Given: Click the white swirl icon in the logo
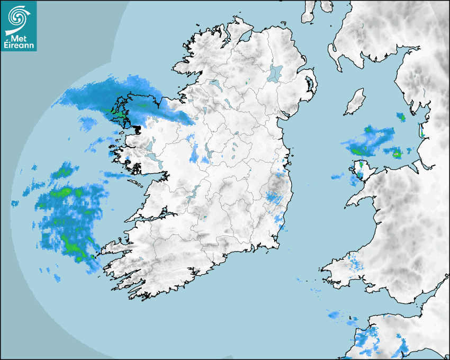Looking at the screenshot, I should click(17, 17).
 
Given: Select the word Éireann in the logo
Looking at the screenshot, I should click(19, 47).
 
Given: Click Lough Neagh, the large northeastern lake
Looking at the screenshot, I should click(275, 73).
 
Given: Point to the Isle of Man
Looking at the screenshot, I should click(355, 102).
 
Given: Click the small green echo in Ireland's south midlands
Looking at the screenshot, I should click(205, 217).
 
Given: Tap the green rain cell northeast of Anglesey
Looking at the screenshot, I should click(397, 154).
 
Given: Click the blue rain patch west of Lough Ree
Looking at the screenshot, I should click(195, 155).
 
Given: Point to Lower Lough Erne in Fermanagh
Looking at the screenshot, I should click(214, 84).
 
